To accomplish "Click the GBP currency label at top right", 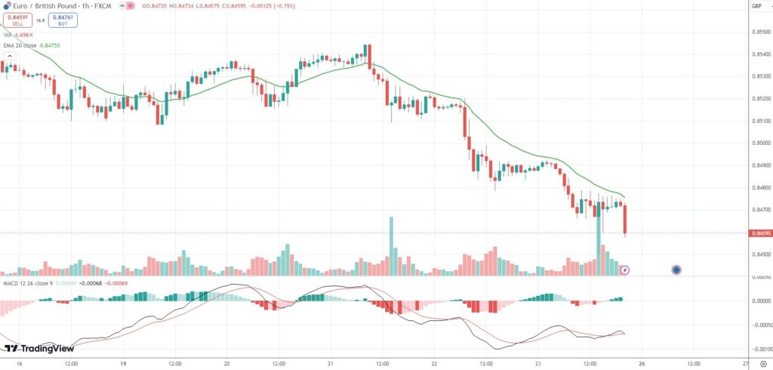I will (756, 6).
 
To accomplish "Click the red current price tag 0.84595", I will (760, 233).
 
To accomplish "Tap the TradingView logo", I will (39, 348).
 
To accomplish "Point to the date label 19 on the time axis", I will (122, 363).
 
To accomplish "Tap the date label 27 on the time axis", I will (745, 363).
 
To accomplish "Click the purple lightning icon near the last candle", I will (625, 270).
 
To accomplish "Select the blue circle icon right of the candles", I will (676, 270).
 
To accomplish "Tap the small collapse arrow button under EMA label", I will (10, 55).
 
